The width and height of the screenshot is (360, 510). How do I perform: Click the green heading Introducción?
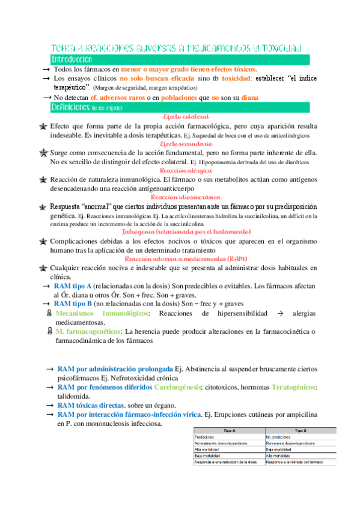coord(72,60)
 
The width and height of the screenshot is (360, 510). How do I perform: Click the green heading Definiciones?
coord(71,107)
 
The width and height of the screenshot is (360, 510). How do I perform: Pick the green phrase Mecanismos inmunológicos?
coord(102,313)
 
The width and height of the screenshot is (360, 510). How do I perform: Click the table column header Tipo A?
coord(228,431)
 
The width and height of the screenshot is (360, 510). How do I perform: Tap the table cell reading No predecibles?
coord(282,437)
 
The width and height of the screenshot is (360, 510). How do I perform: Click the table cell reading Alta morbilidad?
coord(210,449)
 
